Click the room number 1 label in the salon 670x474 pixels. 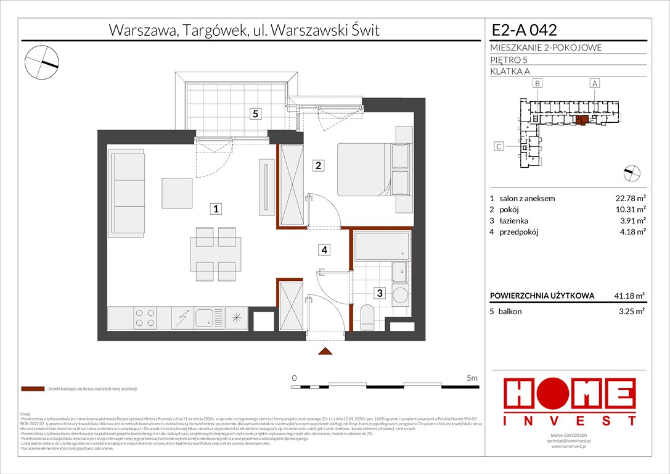(216, 209)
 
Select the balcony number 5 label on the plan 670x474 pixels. (254, 113)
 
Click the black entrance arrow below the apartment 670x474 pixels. (325, 352)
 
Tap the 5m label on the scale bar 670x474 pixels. (472, 377)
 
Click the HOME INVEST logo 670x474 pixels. (570, 402)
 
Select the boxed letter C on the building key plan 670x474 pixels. (501, 146)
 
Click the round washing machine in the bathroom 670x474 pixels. (400, 295)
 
